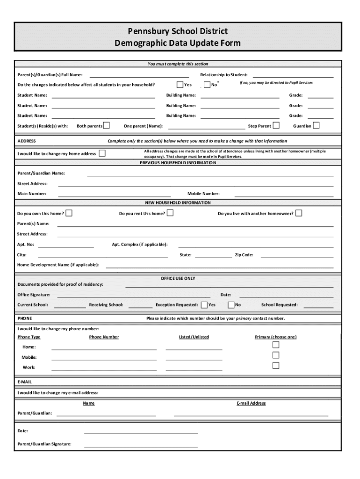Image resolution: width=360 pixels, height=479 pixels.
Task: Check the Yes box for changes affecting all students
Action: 180,85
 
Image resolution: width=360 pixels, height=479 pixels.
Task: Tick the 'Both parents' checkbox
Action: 107,125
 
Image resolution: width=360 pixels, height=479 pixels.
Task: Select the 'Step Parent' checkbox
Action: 276,125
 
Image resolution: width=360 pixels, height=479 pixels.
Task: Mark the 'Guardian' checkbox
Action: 317,125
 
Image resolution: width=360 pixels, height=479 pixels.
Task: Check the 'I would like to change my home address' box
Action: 102,153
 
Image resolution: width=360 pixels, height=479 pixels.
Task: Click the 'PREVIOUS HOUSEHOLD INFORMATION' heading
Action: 178,163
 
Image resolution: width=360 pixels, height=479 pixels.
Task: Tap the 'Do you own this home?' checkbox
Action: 69,213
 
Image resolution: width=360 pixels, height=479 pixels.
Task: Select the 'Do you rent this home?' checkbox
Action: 170,213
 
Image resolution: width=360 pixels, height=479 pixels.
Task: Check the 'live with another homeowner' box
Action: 299,213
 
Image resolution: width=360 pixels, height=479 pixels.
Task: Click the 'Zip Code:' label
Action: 244,255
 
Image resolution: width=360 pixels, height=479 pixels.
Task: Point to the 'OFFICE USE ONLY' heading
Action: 178,278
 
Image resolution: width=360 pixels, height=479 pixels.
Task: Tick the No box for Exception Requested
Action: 231,305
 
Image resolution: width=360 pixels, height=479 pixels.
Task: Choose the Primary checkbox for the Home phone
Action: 276,345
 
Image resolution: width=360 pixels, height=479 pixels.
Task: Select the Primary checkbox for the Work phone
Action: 276,365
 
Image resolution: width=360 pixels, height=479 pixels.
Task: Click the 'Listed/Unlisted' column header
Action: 194,337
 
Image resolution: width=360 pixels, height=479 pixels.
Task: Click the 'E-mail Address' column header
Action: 251,403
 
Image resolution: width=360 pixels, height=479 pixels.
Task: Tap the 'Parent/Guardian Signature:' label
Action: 44,444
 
